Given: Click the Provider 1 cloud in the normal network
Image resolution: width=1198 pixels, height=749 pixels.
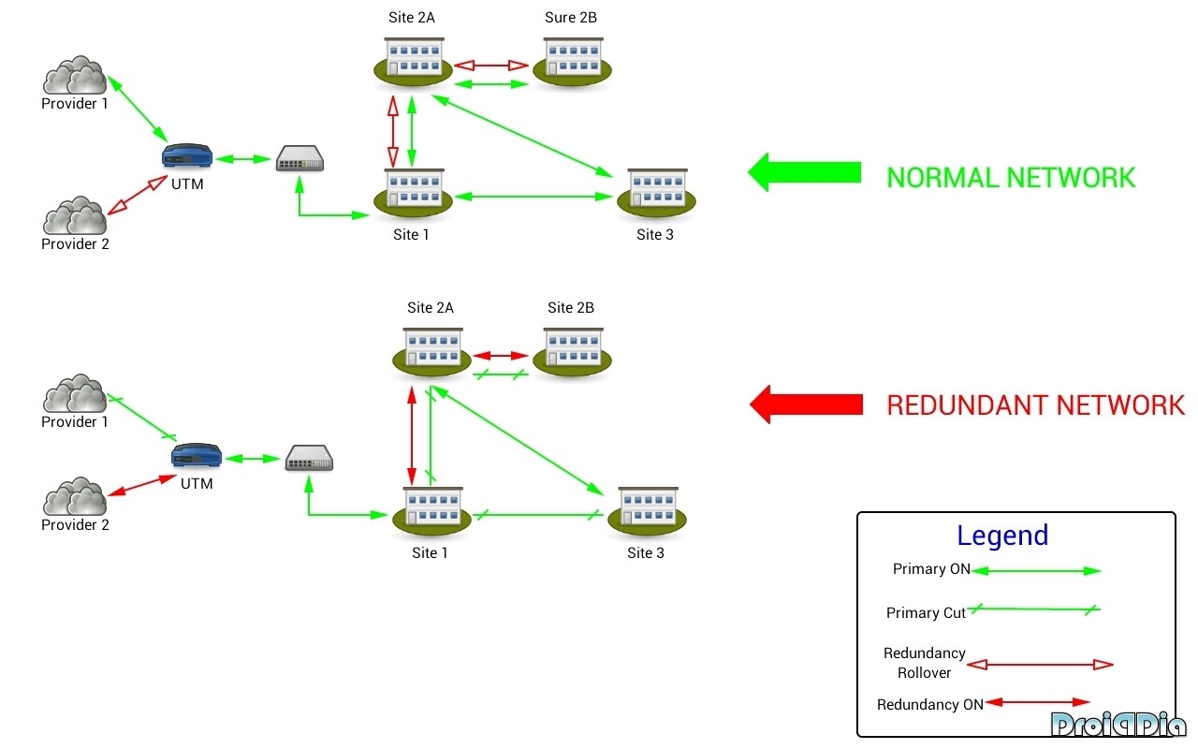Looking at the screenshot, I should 75,76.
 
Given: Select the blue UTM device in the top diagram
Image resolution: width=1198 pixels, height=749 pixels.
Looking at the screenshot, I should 187,156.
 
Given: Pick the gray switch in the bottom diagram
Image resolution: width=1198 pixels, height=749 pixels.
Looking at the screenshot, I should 309,458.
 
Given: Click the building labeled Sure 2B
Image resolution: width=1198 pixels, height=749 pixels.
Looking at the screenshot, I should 572,60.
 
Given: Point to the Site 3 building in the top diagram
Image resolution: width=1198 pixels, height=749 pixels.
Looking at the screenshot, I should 655,192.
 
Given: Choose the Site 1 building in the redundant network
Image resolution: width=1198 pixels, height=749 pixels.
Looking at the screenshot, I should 431,510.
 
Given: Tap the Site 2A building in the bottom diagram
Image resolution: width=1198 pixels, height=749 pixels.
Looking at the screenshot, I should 431,351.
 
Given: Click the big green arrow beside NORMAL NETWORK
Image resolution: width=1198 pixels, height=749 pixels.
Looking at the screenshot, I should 804,172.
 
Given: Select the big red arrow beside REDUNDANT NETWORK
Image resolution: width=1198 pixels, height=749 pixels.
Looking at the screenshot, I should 806,404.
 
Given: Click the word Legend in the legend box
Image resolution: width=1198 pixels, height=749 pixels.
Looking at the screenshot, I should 1002,536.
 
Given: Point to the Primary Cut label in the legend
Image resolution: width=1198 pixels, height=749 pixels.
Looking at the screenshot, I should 926,613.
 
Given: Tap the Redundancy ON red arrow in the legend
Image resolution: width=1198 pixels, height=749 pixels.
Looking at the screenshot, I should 1037,702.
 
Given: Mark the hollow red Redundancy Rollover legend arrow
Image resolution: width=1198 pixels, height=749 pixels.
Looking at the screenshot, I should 1039,665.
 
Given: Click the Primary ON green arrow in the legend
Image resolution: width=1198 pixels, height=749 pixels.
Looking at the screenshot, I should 1036,570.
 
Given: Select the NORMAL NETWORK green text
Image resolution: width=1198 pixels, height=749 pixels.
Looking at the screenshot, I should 1011,178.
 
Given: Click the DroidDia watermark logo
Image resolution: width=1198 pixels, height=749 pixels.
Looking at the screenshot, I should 1118,725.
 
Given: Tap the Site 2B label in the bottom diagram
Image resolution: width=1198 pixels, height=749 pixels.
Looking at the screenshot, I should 571,308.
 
